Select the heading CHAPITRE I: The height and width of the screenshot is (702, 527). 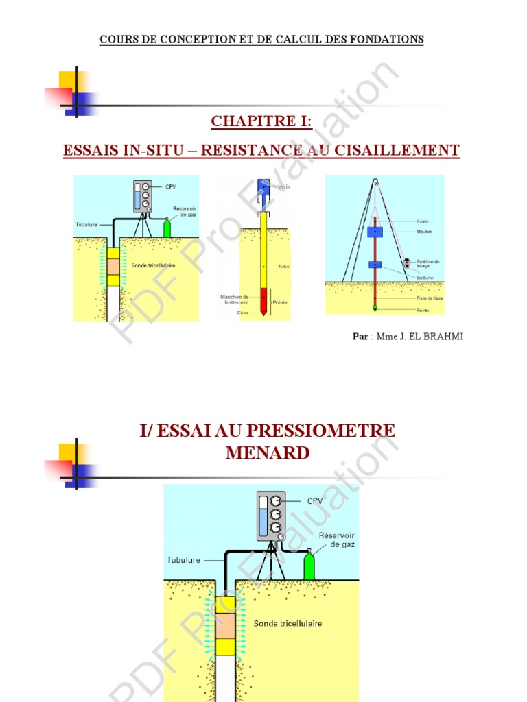tap(261, 121)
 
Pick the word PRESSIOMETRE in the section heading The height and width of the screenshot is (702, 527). tap(322, 431)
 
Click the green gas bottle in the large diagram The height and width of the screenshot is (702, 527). tap(309, 566)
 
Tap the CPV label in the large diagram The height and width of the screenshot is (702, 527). tap(305, 501)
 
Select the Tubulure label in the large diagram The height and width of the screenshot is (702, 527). tap(184, 560)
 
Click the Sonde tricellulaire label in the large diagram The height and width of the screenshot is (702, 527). tap(288, 624)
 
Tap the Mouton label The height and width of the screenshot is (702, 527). tap(423, 232)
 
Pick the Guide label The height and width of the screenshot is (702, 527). tap(422, 221)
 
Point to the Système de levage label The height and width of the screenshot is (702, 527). tap(428, 264)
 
